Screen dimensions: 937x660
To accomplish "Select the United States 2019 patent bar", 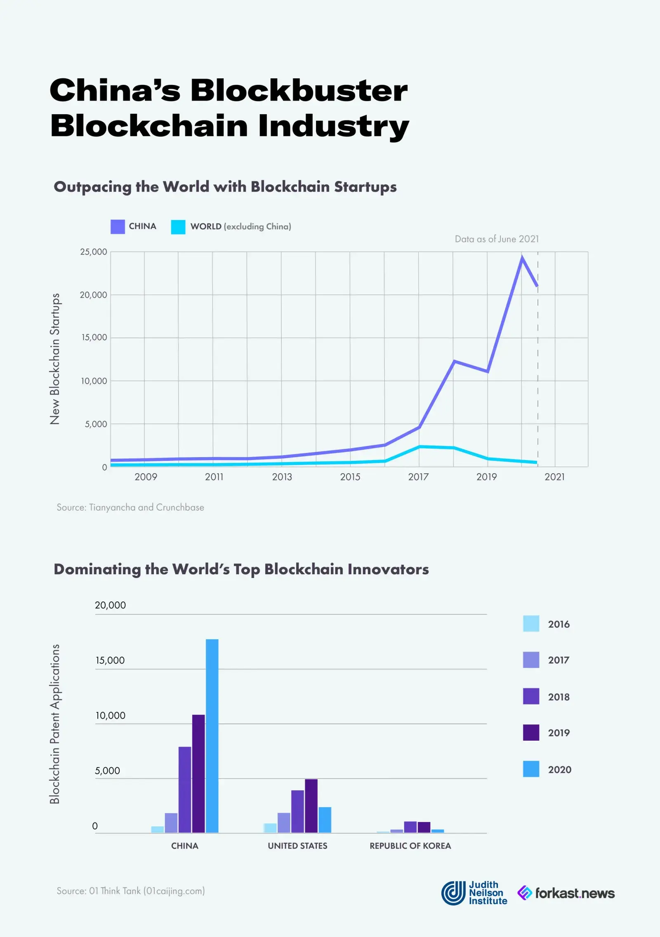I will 311,806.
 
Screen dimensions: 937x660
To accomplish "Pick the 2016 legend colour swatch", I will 531,624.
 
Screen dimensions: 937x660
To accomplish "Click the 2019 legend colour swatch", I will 531,733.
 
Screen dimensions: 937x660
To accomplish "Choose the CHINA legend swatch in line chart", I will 118,227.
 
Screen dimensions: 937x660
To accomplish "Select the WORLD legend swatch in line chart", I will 178,227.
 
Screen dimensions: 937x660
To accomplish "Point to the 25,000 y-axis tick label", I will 94,252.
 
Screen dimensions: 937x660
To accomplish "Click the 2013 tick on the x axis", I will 282,477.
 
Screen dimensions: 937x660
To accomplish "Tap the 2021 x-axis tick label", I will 554,477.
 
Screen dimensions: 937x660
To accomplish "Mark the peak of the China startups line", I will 522,258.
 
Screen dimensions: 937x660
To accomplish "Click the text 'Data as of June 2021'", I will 497,239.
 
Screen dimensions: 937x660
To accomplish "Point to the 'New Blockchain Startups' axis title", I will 55,359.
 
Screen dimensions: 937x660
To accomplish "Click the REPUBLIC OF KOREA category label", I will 410,846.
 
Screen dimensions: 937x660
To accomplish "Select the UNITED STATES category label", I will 297,846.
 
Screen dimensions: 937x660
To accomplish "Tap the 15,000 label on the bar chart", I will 110,660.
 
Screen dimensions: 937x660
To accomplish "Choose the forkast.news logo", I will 566,893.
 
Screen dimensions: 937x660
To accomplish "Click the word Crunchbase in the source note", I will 180,507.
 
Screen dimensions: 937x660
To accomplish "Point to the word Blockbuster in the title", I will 299,90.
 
